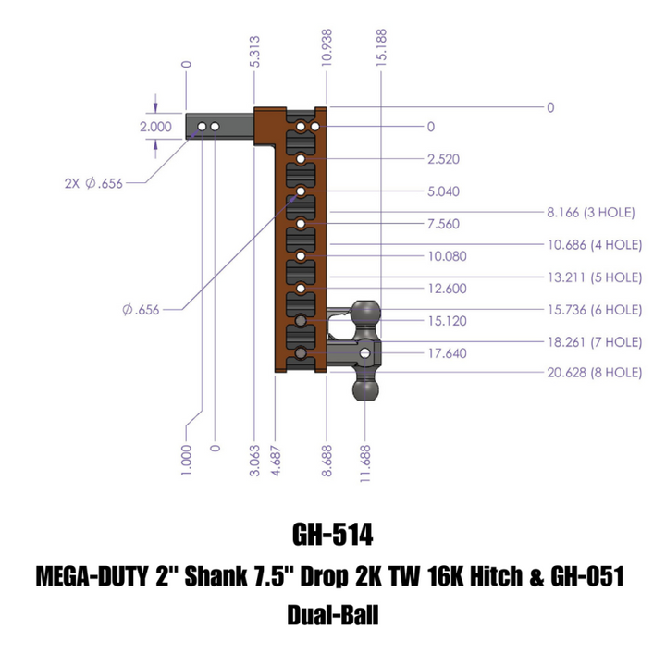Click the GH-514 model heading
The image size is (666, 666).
pos(332,536)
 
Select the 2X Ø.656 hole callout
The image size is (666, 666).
pos(93,183)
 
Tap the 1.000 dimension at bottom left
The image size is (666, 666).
pos(187,460)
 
